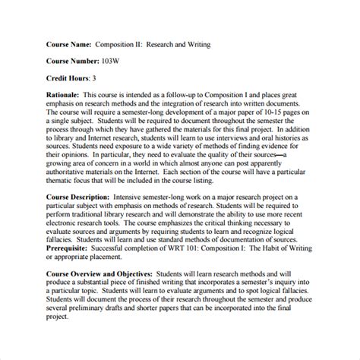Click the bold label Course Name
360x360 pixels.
[x=65, y=46]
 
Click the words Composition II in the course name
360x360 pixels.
[x=120, y=46]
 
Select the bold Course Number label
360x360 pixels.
[x=71, y=62]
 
